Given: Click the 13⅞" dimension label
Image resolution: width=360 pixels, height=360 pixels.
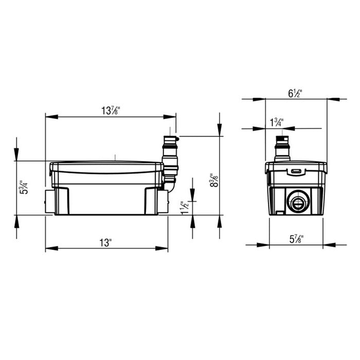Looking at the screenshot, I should click(111, 110).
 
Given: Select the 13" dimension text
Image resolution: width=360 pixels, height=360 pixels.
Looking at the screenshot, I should click(106, 243).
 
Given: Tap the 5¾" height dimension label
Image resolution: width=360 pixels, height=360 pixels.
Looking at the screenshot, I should click(23, 188).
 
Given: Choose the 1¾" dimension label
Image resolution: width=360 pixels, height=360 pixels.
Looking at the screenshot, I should click(276, 122).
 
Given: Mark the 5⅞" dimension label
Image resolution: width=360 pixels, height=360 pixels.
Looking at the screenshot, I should click(296, 239).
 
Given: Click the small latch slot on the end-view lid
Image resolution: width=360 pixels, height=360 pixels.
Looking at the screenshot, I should click(296, 171).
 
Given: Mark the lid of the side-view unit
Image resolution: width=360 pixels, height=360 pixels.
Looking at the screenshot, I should click(106, 166).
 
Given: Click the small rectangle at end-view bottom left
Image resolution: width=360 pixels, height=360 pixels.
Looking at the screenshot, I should click(278, 211).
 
